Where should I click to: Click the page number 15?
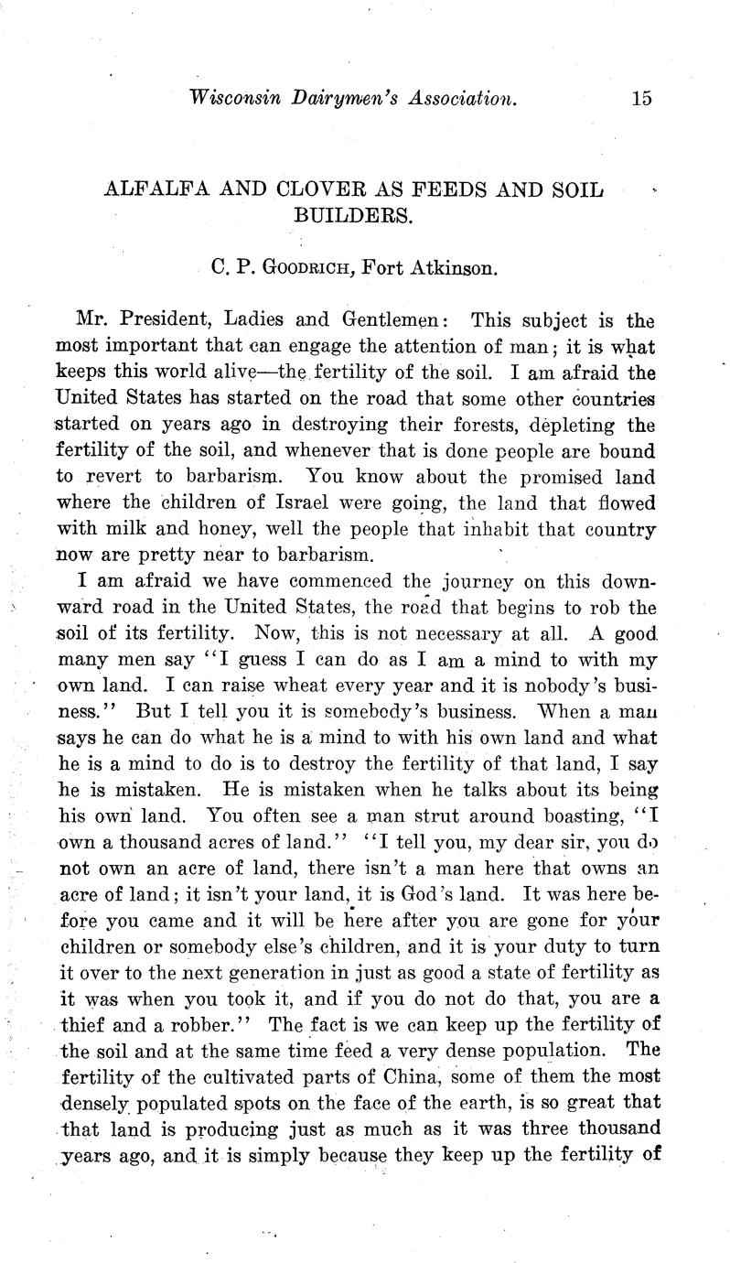(x=640, y=99)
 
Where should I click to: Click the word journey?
(x=467, y=582)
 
